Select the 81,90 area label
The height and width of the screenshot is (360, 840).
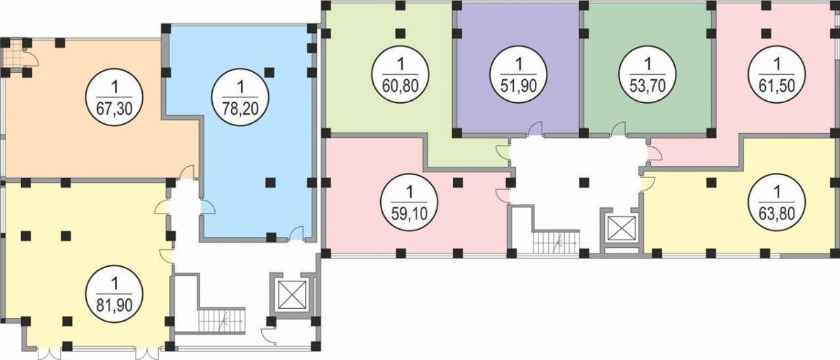pos(114,305)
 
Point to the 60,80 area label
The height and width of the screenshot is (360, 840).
pos(400,85)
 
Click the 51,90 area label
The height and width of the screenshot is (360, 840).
pos(519,85)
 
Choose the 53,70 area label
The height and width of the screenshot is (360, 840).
pos(647,85)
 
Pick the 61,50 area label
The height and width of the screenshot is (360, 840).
pos(776,85)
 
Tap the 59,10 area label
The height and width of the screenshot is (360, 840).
pos(409,214)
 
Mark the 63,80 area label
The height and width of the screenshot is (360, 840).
pos(776,214)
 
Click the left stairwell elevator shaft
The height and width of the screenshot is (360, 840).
pos(292,293)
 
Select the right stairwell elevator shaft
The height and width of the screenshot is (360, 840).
pos(622,228)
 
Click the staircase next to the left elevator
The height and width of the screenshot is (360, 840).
pos(221,321)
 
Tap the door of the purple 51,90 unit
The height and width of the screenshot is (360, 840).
pos(535,129)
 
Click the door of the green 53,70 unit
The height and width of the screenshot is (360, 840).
pos(619,129)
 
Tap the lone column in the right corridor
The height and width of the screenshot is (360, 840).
pos(584,182)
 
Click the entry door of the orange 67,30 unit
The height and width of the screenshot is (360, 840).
pos(187,173)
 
